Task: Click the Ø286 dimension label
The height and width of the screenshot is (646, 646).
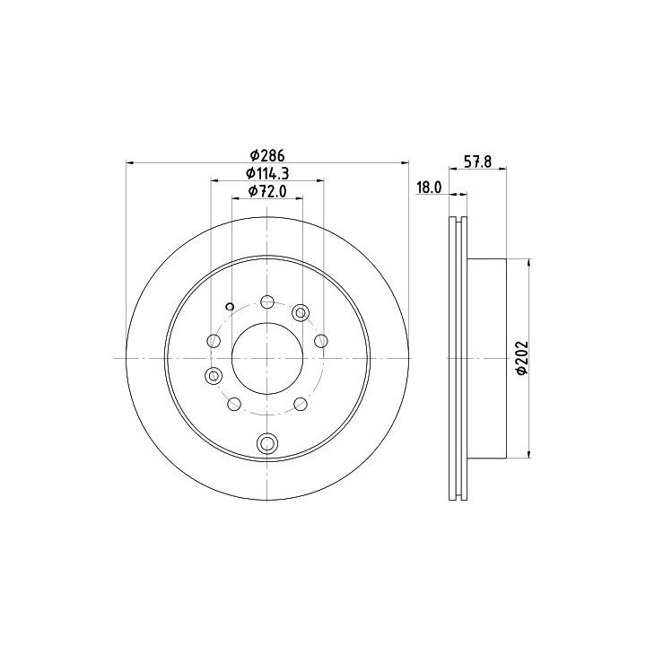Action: click(267, 156)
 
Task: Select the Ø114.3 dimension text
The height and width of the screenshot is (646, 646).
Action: click(267, 173)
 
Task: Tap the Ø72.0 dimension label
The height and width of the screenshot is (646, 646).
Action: click(267, 191)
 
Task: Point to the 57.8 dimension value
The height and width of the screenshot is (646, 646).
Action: click(477, 161)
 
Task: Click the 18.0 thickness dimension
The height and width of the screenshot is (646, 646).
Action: click(429, 188)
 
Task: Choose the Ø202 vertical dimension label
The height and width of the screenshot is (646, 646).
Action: click(522, 358)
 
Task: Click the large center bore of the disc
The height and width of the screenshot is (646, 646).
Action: click(267, 358)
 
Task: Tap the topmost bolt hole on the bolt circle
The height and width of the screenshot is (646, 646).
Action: click(267, 301)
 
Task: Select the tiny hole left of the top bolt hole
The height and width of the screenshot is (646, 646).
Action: click(230, 307)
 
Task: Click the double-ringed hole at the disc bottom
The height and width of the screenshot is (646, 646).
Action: click(267, 443)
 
